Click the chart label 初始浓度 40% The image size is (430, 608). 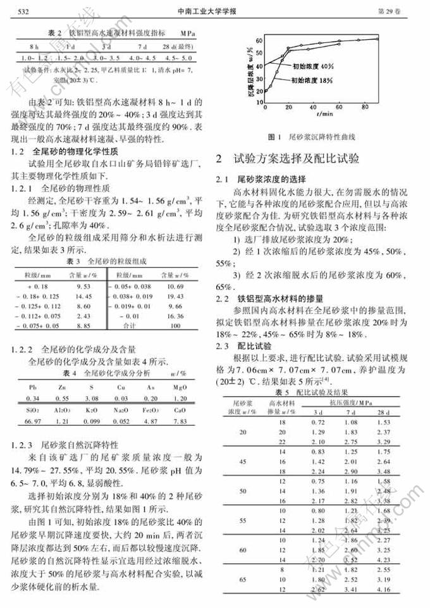[x=313, y=65]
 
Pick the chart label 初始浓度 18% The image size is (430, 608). [x=312, y=80]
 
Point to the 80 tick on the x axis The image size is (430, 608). [x=365, y=108]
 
